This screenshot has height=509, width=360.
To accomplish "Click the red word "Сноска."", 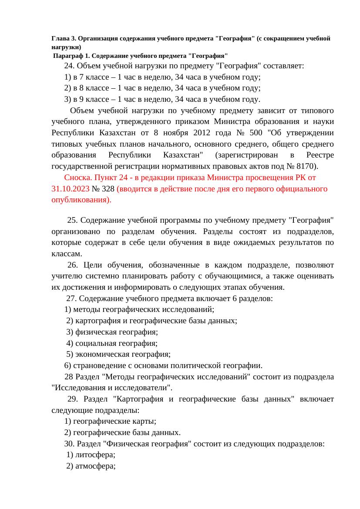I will click(78, 177).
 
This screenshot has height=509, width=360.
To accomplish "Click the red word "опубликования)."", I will click(81, 200).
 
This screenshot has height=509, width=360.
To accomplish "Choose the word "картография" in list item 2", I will click(95, 321).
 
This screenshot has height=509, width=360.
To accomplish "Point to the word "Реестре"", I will click(320, 155).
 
